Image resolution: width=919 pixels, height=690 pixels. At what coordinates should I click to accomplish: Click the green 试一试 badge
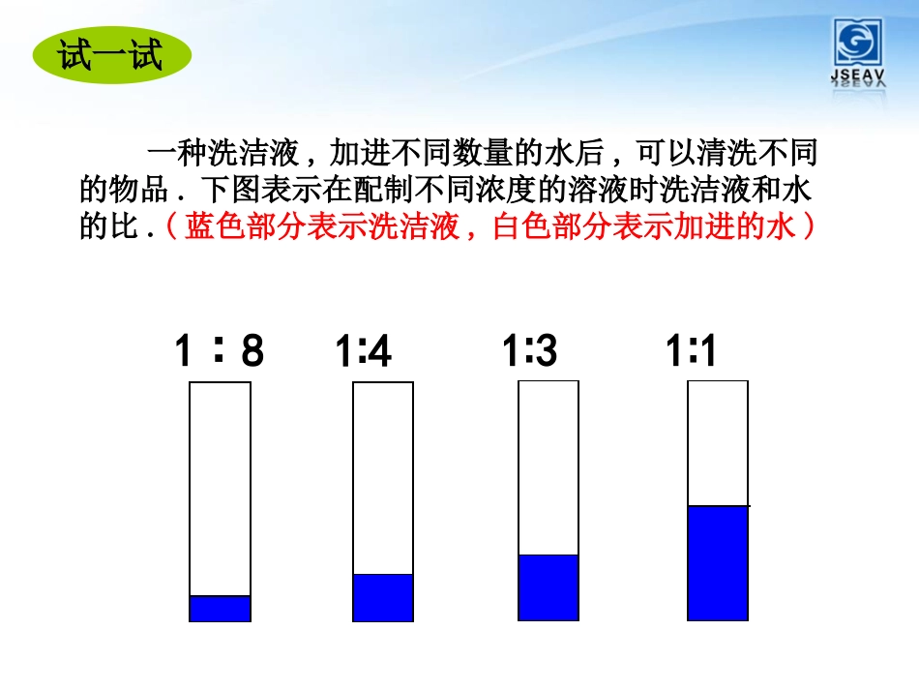click(x=111, y=55)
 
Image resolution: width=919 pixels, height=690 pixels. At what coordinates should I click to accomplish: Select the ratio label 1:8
click(x=219, y=351)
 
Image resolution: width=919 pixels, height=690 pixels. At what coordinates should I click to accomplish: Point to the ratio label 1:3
click(x=530, y=351)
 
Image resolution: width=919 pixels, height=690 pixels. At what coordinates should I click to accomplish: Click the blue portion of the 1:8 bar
click(x=220, y=608)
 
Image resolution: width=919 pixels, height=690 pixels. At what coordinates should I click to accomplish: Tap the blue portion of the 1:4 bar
click(x=383, y=597)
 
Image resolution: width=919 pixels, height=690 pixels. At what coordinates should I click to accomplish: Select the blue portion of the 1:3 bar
click(x=548, y=587)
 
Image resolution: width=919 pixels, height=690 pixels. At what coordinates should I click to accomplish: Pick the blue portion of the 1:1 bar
click(x=717, y=562)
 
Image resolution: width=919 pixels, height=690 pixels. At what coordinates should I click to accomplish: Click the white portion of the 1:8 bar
click(x=220, y=489)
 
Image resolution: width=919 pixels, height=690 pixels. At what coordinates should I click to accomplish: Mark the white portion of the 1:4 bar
click(x=383, y=478)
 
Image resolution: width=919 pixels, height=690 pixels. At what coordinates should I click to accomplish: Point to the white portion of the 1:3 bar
click(x=548, y=467)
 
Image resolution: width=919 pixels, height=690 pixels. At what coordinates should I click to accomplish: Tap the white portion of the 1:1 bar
click(x=717, y=443)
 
